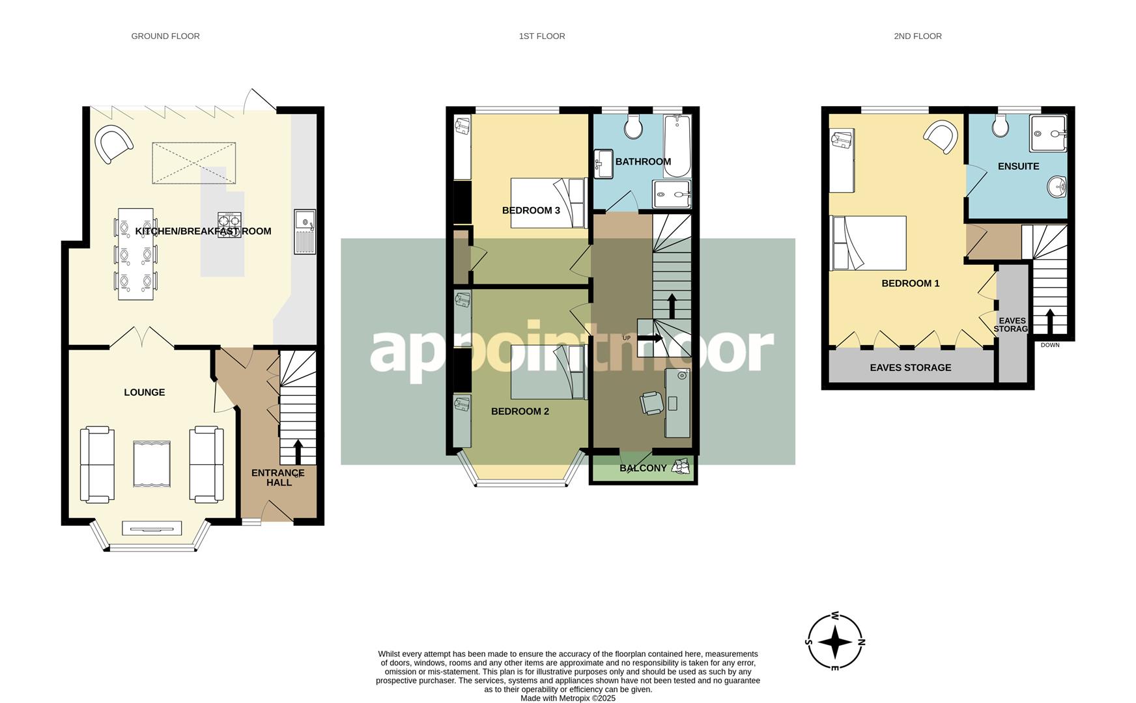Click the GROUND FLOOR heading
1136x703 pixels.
[165, 36]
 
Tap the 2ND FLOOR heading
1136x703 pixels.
[917, 36]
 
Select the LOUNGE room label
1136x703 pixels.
[145, 393]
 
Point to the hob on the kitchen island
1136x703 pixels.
[229, 225]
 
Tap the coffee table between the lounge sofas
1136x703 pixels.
[152, 464]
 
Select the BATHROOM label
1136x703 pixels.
[643, 161]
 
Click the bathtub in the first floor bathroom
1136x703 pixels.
[677, 146]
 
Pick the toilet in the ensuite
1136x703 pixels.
[1001, 126]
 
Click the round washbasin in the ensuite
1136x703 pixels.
[1057, 188]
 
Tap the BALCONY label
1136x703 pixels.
[643, 468]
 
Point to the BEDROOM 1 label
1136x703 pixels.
[910, 284]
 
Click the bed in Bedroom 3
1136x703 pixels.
[547, 202]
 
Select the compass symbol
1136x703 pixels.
[835, 642]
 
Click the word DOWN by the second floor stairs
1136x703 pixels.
[1050, 345]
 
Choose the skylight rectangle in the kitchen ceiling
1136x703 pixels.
[193, 163]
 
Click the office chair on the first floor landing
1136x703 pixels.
[652, 403]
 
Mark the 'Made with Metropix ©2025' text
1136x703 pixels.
[567, 698]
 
